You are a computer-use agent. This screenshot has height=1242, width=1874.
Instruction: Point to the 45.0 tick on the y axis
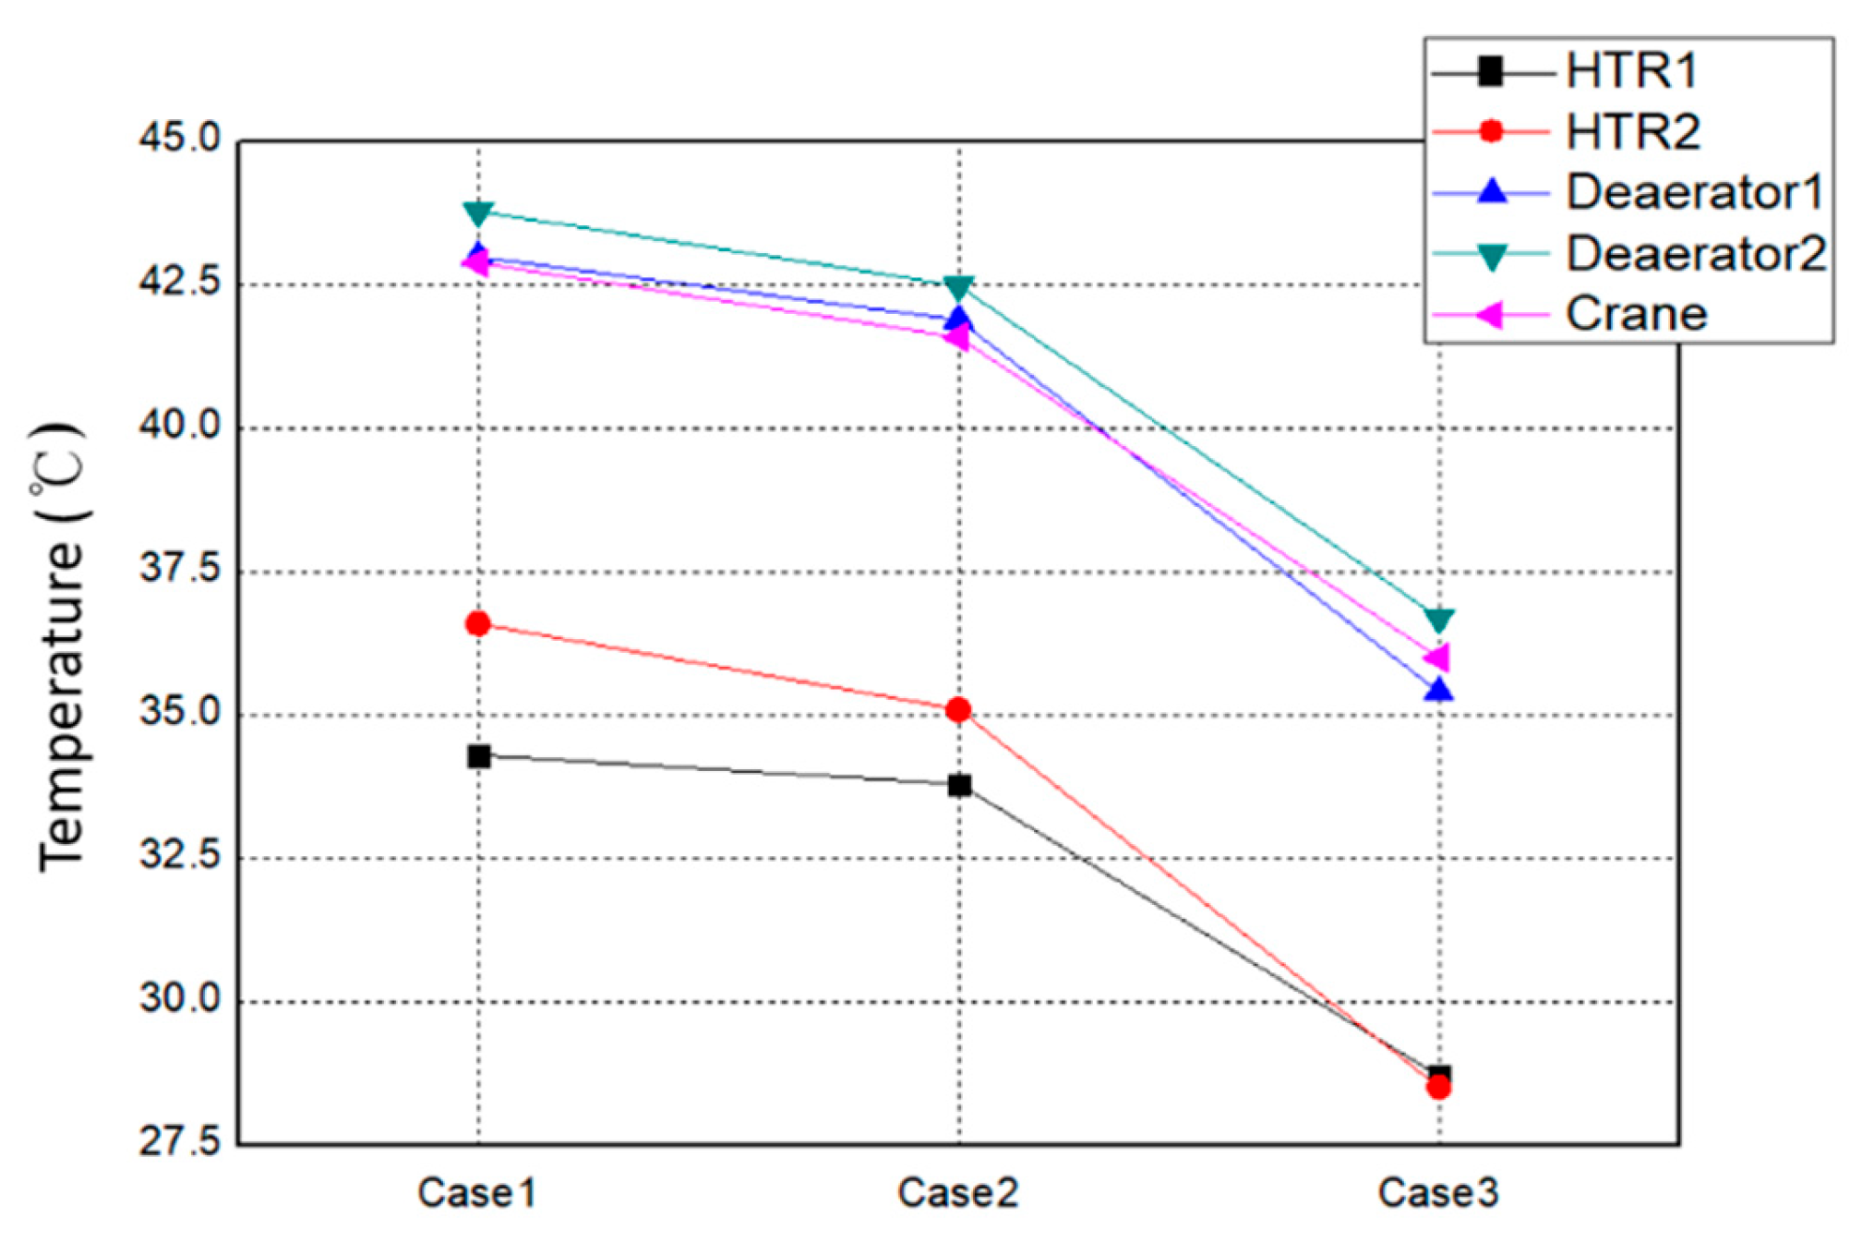(180, 139)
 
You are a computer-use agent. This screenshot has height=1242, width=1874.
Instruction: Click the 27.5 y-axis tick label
(180, 1144)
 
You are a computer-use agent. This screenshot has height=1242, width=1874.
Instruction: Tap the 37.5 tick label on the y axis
(180, 570)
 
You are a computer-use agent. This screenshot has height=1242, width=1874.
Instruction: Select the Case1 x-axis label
(476, 1193)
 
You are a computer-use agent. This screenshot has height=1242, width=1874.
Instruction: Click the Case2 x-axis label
(958, 1193)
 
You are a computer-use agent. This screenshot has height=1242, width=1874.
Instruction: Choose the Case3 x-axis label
(1438, 1193)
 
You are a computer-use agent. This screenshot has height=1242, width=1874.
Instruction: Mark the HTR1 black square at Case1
(478, 756)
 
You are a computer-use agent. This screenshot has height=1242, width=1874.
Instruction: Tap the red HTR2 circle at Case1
(478, 624)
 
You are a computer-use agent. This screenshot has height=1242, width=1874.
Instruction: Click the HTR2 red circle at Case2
(958, 709)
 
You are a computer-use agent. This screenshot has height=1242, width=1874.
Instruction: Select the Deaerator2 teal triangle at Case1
(478, 213)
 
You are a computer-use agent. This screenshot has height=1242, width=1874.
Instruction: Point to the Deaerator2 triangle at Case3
(1438, 619)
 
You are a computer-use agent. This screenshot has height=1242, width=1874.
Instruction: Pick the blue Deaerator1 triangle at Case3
(1438, 690)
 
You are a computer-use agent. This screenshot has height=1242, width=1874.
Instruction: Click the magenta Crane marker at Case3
(1436, 657)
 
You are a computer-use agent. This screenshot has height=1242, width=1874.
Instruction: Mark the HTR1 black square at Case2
(959, 785)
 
